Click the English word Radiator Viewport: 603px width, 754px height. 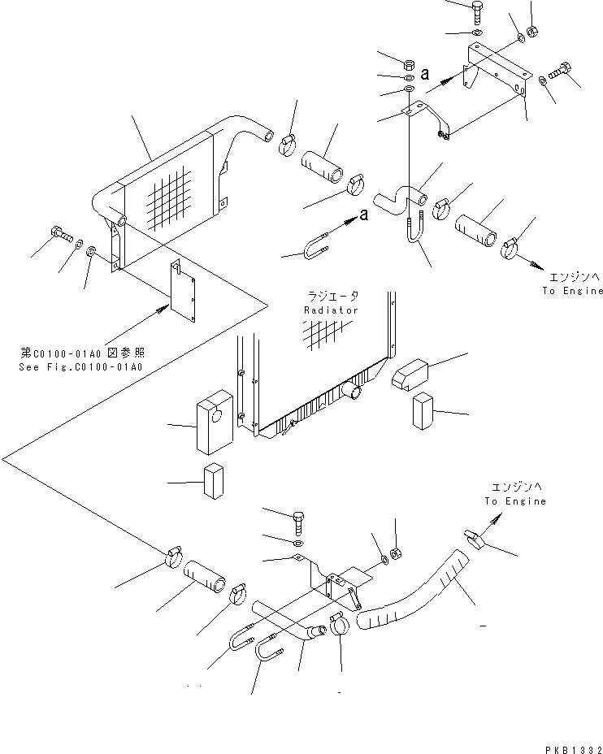point(331,310)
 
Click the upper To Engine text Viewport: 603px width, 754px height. point(574,291)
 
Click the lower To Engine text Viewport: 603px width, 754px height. point(516,501)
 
